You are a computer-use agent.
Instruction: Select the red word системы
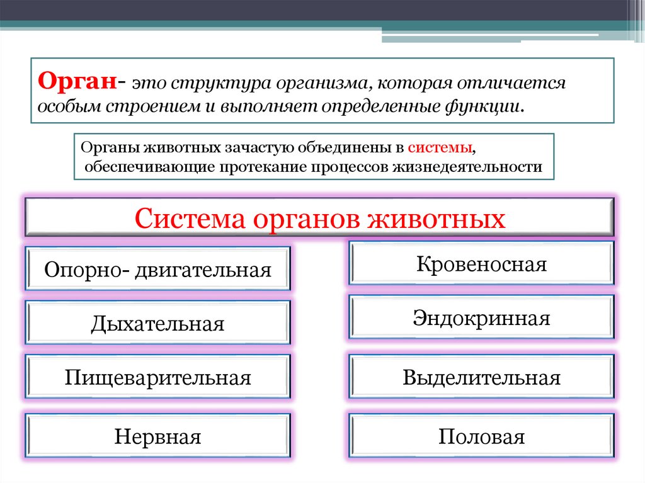(440, 147)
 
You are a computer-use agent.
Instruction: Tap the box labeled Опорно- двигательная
(157, 270)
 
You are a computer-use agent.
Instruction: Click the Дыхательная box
(157, 324)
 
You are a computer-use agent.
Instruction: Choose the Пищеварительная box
(157, 378)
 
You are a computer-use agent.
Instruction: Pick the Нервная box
(157, 436)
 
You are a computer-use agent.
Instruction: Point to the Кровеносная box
(481, 263)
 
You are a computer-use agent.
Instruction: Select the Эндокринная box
(481, 317)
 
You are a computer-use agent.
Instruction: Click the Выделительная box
(481, 378)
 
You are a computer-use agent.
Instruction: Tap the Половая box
(481, 436)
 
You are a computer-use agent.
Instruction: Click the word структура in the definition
(209, 83)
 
